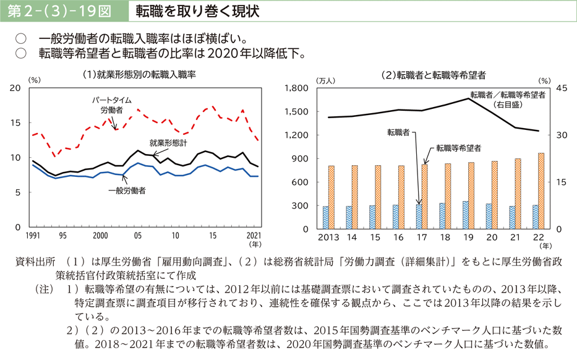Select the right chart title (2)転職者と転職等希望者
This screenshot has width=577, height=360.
point(434,75)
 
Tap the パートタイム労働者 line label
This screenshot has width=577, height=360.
point(112,105)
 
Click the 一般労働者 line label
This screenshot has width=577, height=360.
point(127,191)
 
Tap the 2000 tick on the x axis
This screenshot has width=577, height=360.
point(100,236)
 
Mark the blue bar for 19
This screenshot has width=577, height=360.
point(466,215)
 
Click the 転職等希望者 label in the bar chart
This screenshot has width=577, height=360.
point(458,148)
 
